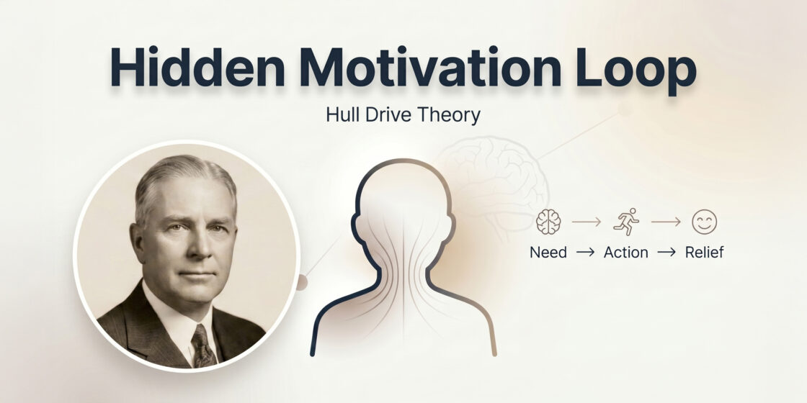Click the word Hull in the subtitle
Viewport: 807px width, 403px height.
tap(343, 115)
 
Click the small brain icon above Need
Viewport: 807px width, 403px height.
tap(548, 222)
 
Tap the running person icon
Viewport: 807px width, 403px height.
tap(625, 222)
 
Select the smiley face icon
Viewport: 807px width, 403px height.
tap(704, 222)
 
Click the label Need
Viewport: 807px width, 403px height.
tap(548, 253)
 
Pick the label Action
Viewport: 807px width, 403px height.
tap(625, 253)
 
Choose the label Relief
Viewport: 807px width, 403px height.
tap(704, 253)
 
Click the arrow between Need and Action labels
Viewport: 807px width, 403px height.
tap(585, 253)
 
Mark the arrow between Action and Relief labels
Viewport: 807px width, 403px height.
tap(666, 253)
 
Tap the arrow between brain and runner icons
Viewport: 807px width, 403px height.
tap(587, 222)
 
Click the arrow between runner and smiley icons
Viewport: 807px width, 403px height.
tap(666, 222)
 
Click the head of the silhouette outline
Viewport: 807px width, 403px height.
tap(403, 209)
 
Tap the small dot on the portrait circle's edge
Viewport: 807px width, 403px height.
tap(302, 282)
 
